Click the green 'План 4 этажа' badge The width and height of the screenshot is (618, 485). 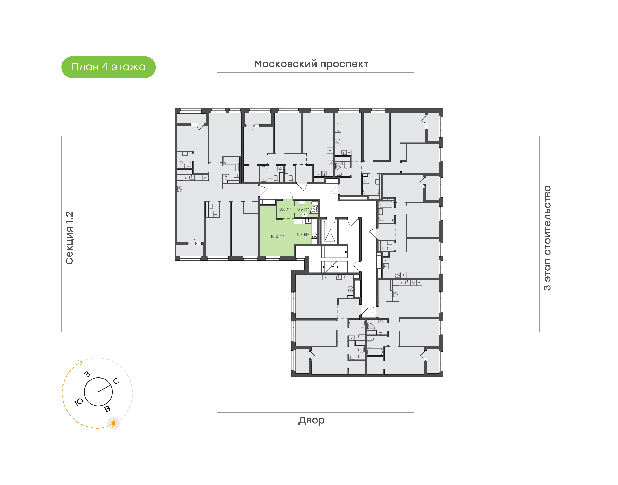tap(108, 67)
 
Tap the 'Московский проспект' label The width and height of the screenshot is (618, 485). tap(311, 64)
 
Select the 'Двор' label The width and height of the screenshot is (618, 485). tap(311, 420)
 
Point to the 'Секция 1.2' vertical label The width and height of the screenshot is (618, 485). tap(69, 238)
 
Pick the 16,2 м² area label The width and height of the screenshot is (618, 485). tap(277, 236)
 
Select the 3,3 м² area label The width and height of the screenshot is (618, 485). tap(285, 209)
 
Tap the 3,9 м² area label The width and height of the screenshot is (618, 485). tap(303, 209)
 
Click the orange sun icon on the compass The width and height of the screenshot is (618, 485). tap(114, 423)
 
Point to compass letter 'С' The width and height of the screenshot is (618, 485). tap(116, 381)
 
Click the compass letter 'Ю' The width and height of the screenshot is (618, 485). tap(79, 402)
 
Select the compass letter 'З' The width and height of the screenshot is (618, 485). tap(87, 374)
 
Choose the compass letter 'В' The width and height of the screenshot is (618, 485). tap(107, 409)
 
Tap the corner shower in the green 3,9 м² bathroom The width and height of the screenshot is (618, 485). tap(314, 210)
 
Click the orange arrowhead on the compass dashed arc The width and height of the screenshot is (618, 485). tap(81, 362)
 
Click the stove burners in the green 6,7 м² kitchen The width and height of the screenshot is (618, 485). tap(314, 235)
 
